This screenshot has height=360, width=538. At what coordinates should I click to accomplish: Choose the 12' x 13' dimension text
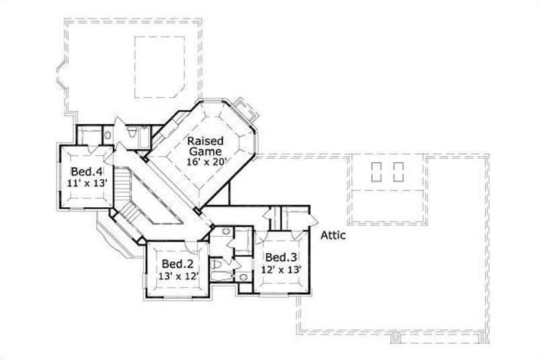pyautogui.click(x=280, y=269)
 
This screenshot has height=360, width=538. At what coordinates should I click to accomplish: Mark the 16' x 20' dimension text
pyautogui.click(x=208, y=161)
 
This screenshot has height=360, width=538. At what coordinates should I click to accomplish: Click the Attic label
pyautogui.click(x=333, y=236)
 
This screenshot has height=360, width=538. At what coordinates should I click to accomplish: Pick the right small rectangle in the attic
pyautogui.click(x=398, y=171)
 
